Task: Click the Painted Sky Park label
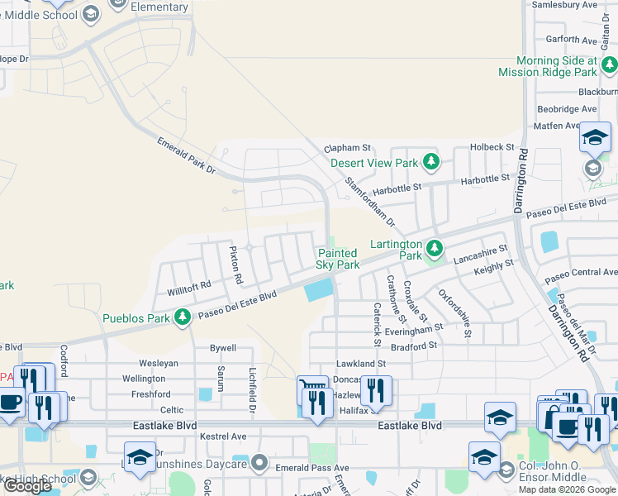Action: point(338,259)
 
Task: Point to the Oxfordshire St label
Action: point(454,313)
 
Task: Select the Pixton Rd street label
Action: point(235,261)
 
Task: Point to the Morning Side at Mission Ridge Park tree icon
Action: point(607,65)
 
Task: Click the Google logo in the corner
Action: point(28,486)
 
